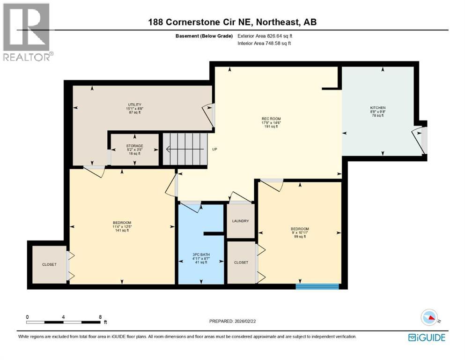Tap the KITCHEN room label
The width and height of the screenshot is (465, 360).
pos(377,108)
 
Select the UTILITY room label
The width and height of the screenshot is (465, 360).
pos(135,105)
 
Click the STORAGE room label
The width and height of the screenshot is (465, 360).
pos(135,146)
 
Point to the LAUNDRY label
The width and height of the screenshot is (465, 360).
pos(240,221)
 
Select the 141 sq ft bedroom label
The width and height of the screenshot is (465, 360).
pos(122,222)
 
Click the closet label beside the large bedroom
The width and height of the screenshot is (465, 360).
pos(49,264)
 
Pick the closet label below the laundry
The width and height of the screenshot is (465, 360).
pos(241,262)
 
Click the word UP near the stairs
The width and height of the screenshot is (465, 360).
pos(214,150)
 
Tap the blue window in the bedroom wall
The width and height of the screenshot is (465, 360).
pos(317,286)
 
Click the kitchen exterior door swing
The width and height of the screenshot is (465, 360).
pos(418,140)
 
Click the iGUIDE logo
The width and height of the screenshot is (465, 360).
pos(426,337)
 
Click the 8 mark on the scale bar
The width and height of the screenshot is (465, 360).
pos(100,317)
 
